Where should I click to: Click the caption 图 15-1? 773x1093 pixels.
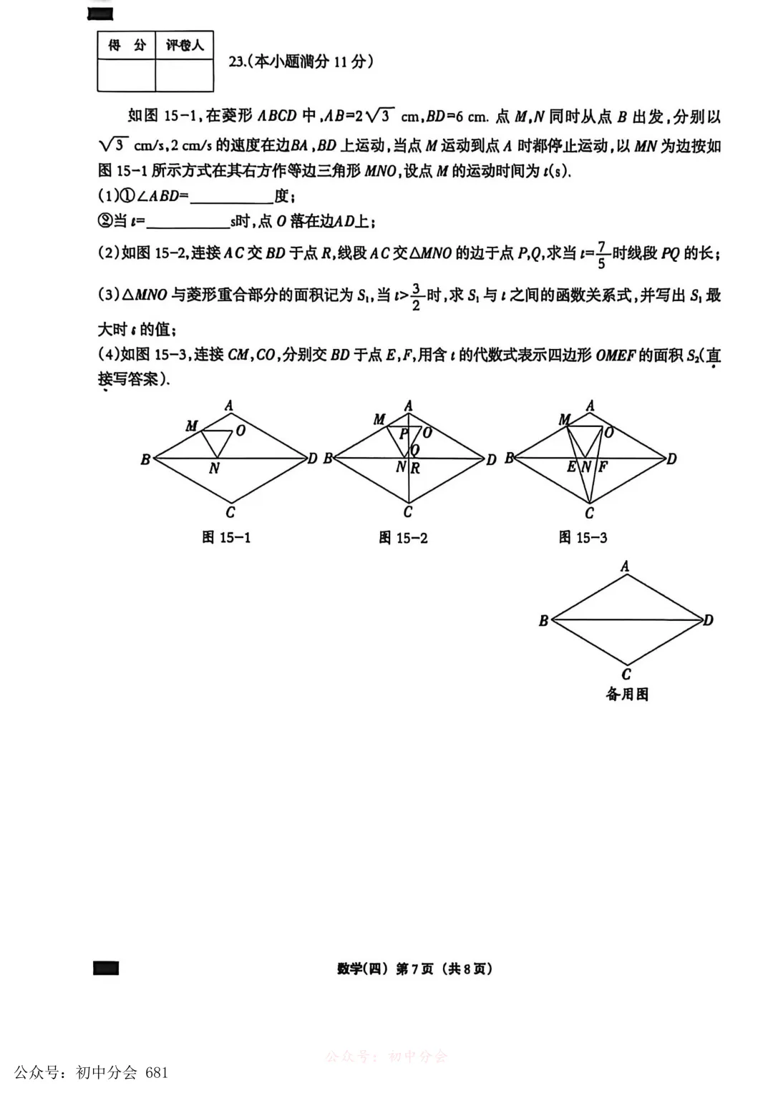click(226, 537)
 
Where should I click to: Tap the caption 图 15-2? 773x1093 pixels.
click(403, 538)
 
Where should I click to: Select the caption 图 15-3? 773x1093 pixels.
click(583, 537)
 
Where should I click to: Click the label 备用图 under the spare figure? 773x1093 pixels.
click(627, 694)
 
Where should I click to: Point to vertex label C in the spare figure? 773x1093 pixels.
click(626, 674)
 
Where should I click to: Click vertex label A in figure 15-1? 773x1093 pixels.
click(229, 406)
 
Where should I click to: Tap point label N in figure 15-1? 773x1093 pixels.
click(214, 469)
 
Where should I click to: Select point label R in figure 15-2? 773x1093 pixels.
click(415, 469)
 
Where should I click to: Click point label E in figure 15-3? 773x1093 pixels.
click(571, 467)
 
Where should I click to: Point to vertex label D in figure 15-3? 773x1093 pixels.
click(671, 459)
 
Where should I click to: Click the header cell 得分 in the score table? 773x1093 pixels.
click(127, 46)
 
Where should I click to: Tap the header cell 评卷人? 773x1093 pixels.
click(185, 46)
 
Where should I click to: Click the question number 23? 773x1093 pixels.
click(237, 62)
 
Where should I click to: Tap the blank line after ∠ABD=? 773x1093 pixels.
click(231, 197)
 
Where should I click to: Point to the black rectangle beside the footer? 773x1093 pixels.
click(106, 968)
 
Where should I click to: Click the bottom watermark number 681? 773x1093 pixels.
click(156, 1072)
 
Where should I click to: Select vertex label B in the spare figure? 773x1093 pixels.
click(543, 621)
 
